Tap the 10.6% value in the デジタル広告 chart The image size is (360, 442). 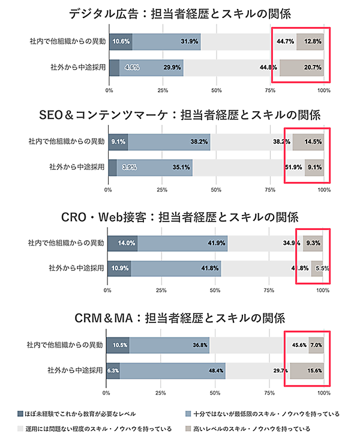121,41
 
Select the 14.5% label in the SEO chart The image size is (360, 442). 313,142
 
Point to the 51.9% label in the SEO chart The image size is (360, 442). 293,168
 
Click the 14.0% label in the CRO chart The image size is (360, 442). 127,243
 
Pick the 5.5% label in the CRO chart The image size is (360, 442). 322,268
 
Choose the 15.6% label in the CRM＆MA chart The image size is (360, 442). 314,371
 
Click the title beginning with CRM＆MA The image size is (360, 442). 179,318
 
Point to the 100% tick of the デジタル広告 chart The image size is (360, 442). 324,89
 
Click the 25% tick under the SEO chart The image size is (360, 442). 161,190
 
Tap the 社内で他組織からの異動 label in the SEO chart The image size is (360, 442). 67,142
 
